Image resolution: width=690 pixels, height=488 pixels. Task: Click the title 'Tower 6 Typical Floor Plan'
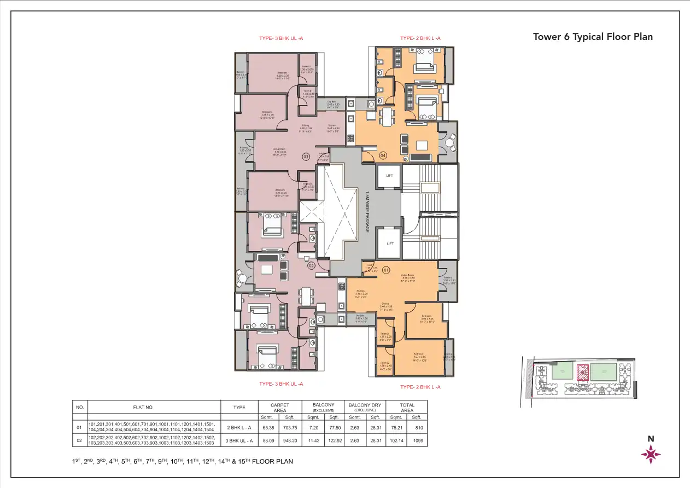pos(593,37)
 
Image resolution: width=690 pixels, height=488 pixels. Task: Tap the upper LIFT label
pos(390,176)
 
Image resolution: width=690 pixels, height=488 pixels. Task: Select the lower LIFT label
pos(390,243)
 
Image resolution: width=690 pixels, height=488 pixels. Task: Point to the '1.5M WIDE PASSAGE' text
pos(367,211)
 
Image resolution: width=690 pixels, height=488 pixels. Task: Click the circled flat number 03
pos(306,157)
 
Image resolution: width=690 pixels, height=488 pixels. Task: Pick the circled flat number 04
pos(383,155)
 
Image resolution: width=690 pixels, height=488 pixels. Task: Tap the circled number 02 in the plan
pos(311,266)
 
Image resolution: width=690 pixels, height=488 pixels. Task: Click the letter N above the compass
pos(651,438)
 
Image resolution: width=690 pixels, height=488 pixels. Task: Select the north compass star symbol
pos(651,454)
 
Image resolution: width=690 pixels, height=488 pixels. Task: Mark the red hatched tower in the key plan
pos(582,372)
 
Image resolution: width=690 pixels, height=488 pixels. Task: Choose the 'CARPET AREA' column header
pos(280,408)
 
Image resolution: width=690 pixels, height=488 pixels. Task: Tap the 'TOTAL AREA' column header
pos(407,408)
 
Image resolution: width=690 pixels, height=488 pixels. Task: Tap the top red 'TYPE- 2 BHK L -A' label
pos(420,38)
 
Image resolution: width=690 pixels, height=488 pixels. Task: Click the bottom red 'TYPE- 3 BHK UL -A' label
pos(281,384)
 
